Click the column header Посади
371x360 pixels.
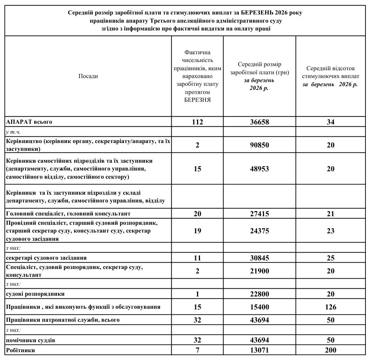88,76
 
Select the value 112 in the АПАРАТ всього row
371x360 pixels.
197,122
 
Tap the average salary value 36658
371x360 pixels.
259,122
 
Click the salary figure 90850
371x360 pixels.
259,145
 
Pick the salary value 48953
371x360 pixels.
259,169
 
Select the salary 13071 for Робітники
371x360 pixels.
259,350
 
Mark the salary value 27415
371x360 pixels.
259,214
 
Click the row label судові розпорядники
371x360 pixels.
35,293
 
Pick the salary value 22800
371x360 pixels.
259,293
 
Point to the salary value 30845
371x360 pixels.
259,258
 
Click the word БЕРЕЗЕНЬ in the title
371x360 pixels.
255,13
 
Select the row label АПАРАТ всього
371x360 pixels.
29,121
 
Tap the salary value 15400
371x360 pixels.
259,307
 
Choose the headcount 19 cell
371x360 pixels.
197,231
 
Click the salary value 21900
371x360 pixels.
259,271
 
